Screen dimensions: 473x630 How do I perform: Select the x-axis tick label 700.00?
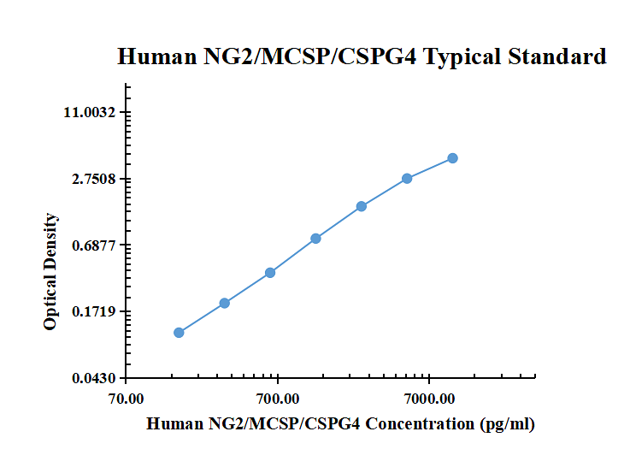(x=278, y=399)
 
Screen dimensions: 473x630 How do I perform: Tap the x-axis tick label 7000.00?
(x=429, y=399)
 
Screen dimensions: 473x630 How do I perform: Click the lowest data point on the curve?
(x=179, y=333)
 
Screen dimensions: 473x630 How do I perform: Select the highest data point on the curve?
(x=452, y=158)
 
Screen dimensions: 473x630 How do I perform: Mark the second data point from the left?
(x=224, y=303)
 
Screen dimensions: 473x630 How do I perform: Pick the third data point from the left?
(x=270, y=273)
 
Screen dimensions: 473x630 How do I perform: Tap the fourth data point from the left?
(x=315, y=239)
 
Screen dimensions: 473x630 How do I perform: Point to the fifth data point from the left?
(x=362, y=206)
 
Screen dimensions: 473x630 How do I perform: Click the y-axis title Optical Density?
(x=51, y=272)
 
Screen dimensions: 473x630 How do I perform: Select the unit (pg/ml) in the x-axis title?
(x=508, y=423)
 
